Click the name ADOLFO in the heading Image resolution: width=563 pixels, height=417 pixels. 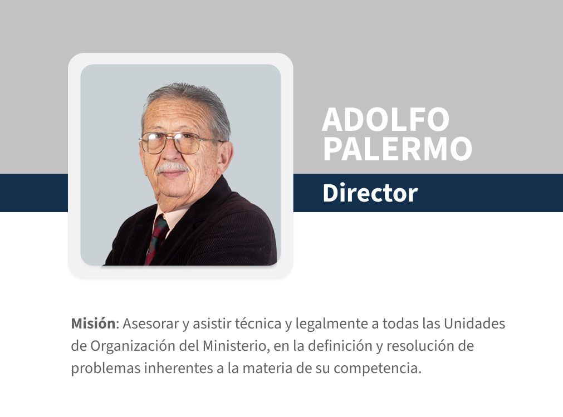tap(385, 119)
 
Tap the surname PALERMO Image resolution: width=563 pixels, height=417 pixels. tap(397, 148)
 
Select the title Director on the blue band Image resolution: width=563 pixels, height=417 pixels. tap(370, 193)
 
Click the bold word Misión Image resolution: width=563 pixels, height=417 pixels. tap(93, 323)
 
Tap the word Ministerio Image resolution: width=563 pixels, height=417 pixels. tap(234, 346)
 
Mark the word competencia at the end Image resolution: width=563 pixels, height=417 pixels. tap(385, 368)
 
